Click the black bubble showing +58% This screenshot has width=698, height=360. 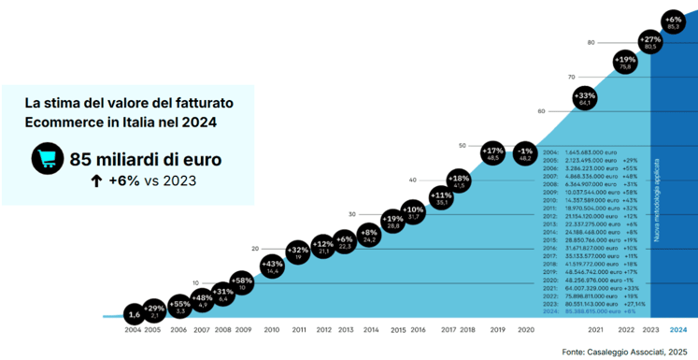click(241, 283)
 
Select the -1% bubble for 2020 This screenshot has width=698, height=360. click(525, 154)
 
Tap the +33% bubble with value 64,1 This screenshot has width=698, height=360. click(585, 99)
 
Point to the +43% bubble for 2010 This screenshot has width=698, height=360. click(273, 266)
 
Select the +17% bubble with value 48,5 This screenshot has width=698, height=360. click(493, 154)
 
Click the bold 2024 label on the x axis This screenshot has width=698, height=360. click(677, 330)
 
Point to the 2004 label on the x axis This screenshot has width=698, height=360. click(134, 330)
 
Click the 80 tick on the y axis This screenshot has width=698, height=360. click(591, 43)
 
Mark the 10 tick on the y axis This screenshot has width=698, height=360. click(196, 282)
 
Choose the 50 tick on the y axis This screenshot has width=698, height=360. click(462, 145)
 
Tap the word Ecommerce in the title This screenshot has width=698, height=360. click(64, 122)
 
